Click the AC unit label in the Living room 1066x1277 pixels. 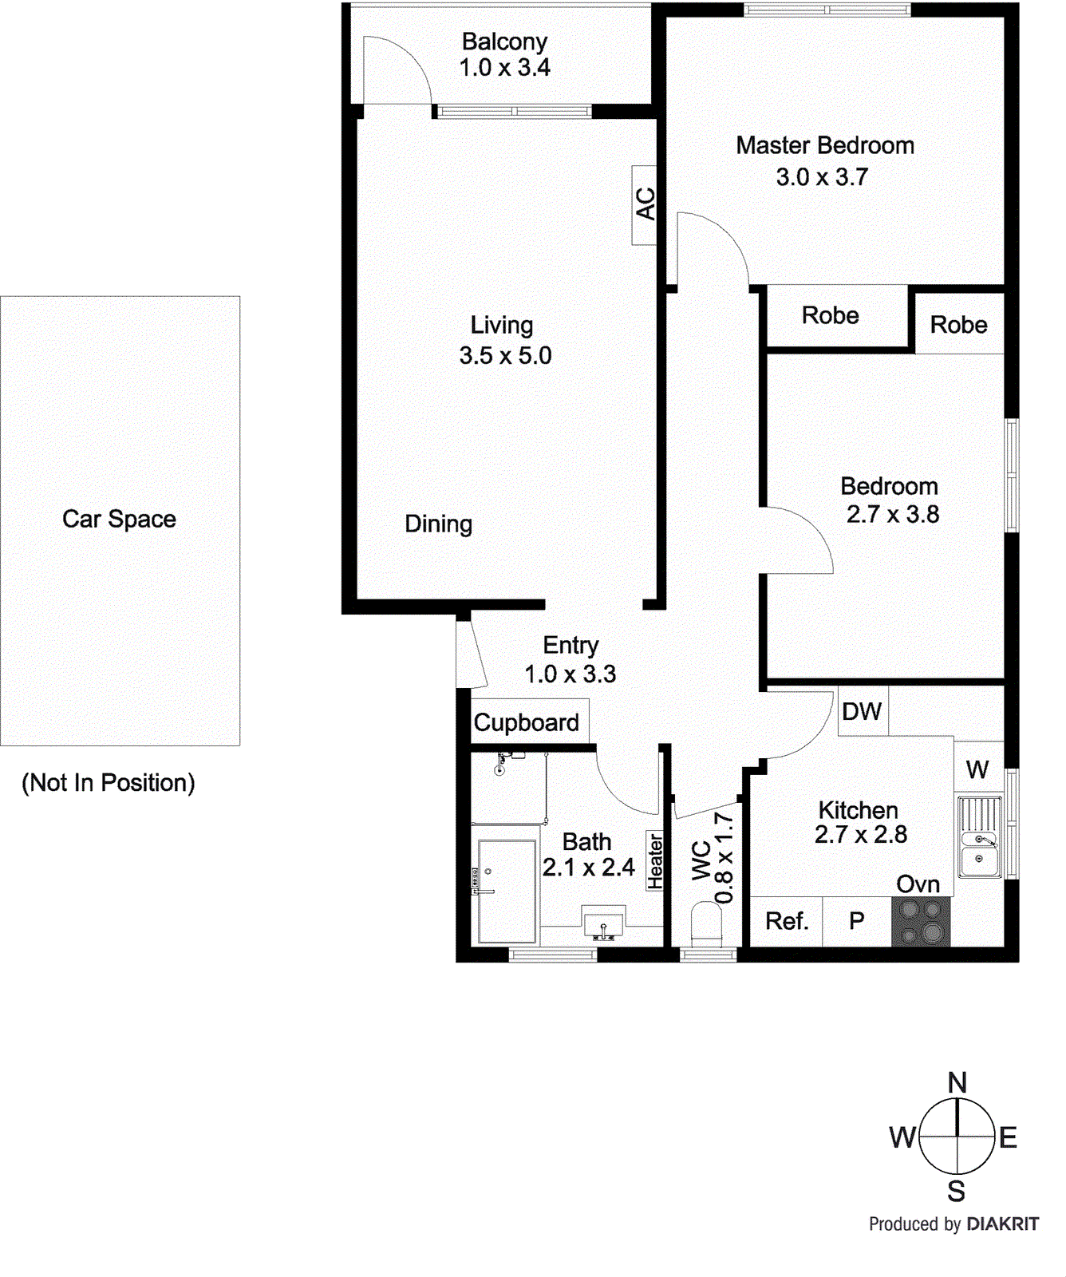click(x=645, y=204)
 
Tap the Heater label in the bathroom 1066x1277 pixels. click(x=655, y=861)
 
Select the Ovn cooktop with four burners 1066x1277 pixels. click(x=921, y=922)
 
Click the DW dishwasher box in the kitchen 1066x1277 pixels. click(x=862, y=711)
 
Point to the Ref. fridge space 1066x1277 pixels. click(x=787, y=921)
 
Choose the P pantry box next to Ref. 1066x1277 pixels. click(x=857, y=921)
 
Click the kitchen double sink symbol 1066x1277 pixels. click(x=979, y=836)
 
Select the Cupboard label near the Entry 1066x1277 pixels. click(x=527, y=722)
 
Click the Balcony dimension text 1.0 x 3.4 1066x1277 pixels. click(x=504, y=68)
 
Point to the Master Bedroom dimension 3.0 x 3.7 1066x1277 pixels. click(x=822, y=176)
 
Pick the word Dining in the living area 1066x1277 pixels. click(x=438, y=524)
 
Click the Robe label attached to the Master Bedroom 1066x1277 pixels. click(x=830, y=315)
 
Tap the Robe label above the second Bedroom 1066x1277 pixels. click(x=958, y=325)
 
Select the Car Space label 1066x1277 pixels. click(x=119, y=519)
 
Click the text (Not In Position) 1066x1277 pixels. click(x=109, y=782)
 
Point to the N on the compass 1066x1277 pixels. click(x=957, y=1082)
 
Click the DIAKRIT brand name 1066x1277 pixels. click(x=1002, y=1224)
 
